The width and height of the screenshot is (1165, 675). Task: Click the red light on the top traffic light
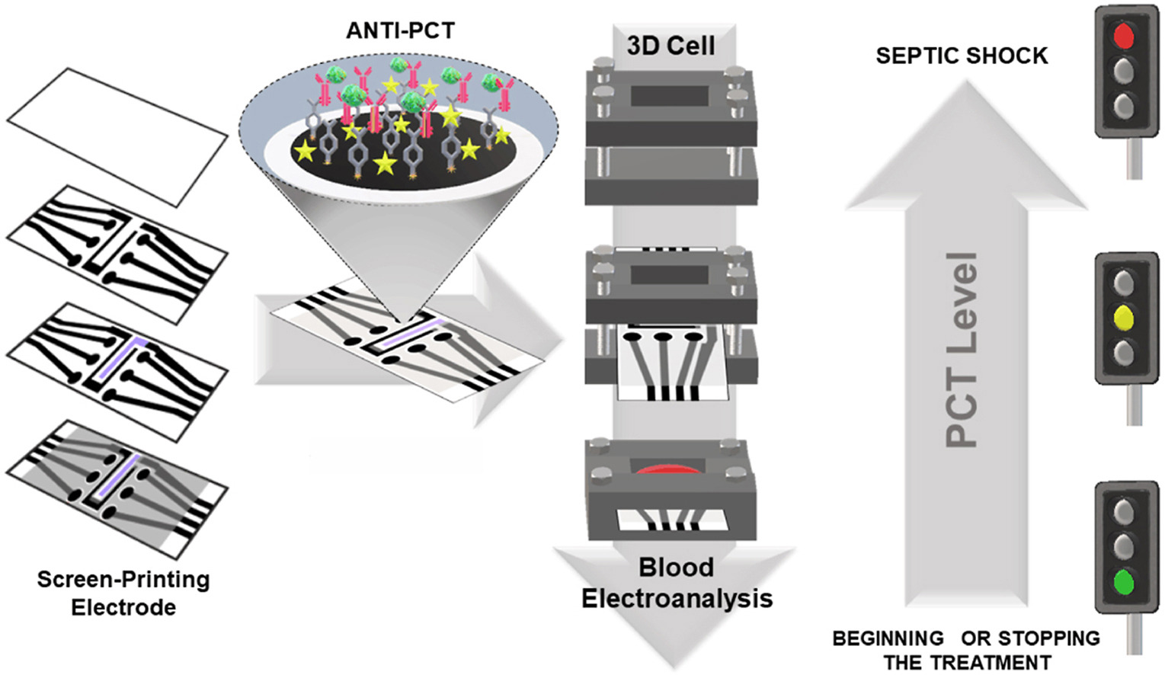[x=1123, y=36]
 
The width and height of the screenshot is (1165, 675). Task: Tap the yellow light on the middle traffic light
[x=1123, y=317]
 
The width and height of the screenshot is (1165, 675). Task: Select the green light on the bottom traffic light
[x=1123, y=582]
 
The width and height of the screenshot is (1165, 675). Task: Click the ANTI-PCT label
[x=400, y=30]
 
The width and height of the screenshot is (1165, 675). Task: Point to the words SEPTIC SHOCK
[x=962, y=56]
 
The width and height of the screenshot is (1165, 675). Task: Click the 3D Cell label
[x=671, y=46]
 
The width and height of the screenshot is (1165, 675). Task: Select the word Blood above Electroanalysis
[x=676, y=568]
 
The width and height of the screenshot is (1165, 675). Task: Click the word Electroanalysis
[x=677, y=599]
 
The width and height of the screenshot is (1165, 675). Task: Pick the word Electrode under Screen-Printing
[x=123, y=607]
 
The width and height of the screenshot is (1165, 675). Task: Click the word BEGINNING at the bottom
[x=888, y=638]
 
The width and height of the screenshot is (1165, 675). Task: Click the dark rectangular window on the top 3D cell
[x=670, y=96]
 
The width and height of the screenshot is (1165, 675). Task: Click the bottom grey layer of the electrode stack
[x=117, y=488]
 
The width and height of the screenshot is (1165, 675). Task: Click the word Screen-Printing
[x=123, y=580]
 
